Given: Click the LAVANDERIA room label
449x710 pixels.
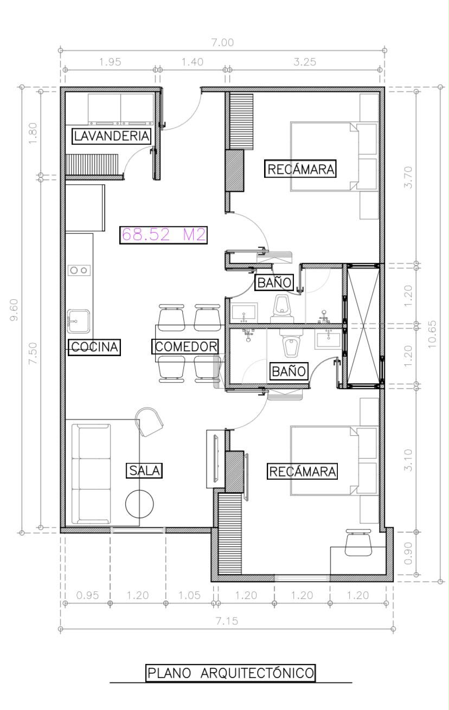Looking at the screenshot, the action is [x=111, y=136].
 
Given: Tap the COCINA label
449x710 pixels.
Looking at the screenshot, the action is [x=94, y=347].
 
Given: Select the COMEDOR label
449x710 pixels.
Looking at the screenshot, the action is [x=185, y=346].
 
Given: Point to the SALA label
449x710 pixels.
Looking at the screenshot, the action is [x=145, y=470].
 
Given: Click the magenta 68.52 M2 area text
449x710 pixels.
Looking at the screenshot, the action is [x=163, y=235].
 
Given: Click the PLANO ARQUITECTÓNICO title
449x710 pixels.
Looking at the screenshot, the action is [x=230, y=673].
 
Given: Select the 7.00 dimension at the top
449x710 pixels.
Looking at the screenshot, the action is [x=222, y=42].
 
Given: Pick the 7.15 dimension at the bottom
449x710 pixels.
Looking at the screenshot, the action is [x=227, y=621].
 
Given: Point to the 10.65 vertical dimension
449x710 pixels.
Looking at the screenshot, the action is [x=432, y=334].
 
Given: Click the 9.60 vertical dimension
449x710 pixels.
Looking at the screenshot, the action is [x=14, y=309].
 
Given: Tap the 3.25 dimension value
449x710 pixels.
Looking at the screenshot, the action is [x=305, y=62].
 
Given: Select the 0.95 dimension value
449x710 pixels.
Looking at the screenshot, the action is [x=87, y=595].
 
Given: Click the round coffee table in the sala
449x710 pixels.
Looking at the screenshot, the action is [x=139, y=504].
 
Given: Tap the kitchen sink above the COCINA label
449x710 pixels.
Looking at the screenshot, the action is [x=78, y=321].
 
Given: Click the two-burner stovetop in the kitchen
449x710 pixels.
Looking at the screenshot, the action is [x=79, y=270].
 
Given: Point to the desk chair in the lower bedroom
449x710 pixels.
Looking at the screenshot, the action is [x=358, y=543].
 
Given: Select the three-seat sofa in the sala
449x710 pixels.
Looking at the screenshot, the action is [x=91, y=474].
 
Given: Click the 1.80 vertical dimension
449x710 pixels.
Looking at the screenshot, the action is [x=33, y=133].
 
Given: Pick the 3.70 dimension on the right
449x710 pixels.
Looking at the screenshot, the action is [x=409, y=177].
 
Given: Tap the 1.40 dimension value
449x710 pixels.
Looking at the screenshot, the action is [x=192, y=62].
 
